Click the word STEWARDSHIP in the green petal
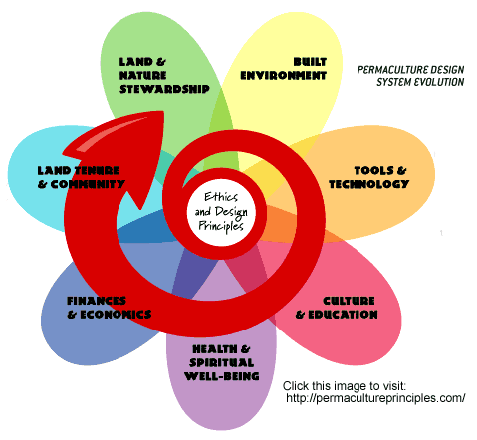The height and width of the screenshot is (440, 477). click(164, 89)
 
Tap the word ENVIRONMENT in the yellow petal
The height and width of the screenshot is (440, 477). click(283, 76)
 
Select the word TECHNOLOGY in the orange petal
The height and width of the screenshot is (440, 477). click(369, 184)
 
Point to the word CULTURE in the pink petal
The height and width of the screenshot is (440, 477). click(349, 301)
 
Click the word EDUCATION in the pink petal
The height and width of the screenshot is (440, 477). click(343, 315)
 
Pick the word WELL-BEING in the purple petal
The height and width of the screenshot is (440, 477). click(222, 376)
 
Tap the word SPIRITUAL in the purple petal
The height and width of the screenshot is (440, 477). click(222, 362)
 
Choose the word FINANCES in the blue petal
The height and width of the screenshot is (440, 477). click(97, 301)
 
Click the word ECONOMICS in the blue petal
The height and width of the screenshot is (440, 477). click(116, 315)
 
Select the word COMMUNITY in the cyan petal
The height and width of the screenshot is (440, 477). click(88, 184)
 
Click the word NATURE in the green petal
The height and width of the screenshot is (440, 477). click(142, 75)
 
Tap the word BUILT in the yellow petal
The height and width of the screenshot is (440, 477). click(310, 62)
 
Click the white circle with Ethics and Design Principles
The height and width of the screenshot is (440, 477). click(221, 212)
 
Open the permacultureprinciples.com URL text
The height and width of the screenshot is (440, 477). click(375, 398)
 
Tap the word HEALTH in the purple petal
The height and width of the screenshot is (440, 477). click(215, 349)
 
